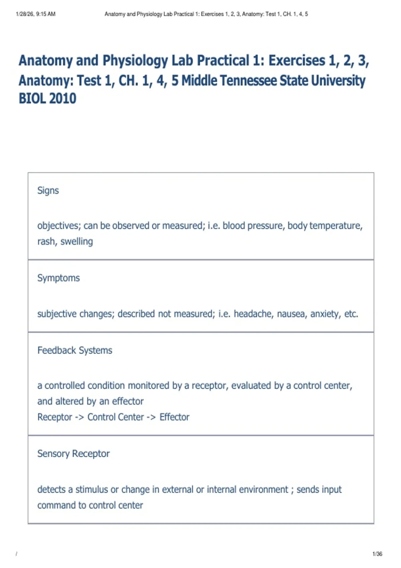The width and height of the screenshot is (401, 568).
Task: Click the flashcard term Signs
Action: coord(48,190)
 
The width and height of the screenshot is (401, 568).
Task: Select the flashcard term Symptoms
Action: coord(58,278)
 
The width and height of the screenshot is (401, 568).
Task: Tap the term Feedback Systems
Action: coord(75,350)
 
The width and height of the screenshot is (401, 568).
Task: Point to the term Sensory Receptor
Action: coord(74,453)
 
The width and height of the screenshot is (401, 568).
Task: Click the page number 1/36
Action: coord(377,554)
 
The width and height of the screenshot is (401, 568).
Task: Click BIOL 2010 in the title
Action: coord(47,98)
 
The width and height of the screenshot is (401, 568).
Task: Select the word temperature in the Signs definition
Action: coord(336,226)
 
